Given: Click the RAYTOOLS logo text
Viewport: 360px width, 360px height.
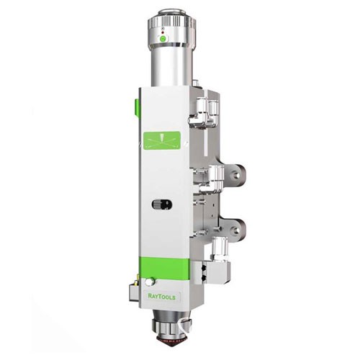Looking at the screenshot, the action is pyautogui.click(x=162, y=297).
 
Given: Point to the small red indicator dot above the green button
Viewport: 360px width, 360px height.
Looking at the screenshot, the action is pyautogui.click(x=163, y=32).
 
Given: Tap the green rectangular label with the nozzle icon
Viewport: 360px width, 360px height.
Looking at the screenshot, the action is pyautogui.click(x=162, y=140).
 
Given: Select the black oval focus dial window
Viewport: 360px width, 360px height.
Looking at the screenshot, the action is pyautogui.click(x=162, y=204).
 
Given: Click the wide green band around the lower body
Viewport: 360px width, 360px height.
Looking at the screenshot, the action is pyautogui.click(x=165, y=268).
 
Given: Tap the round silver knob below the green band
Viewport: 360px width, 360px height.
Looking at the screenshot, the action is pyautogui.click(x=150, y=282).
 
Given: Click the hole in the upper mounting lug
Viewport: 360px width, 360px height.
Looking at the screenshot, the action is pyautogui.click(x=237, y=174).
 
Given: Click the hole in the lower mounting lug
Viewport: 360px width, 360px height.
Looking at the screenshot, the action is pyautogui.click(x=237, y=230).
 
